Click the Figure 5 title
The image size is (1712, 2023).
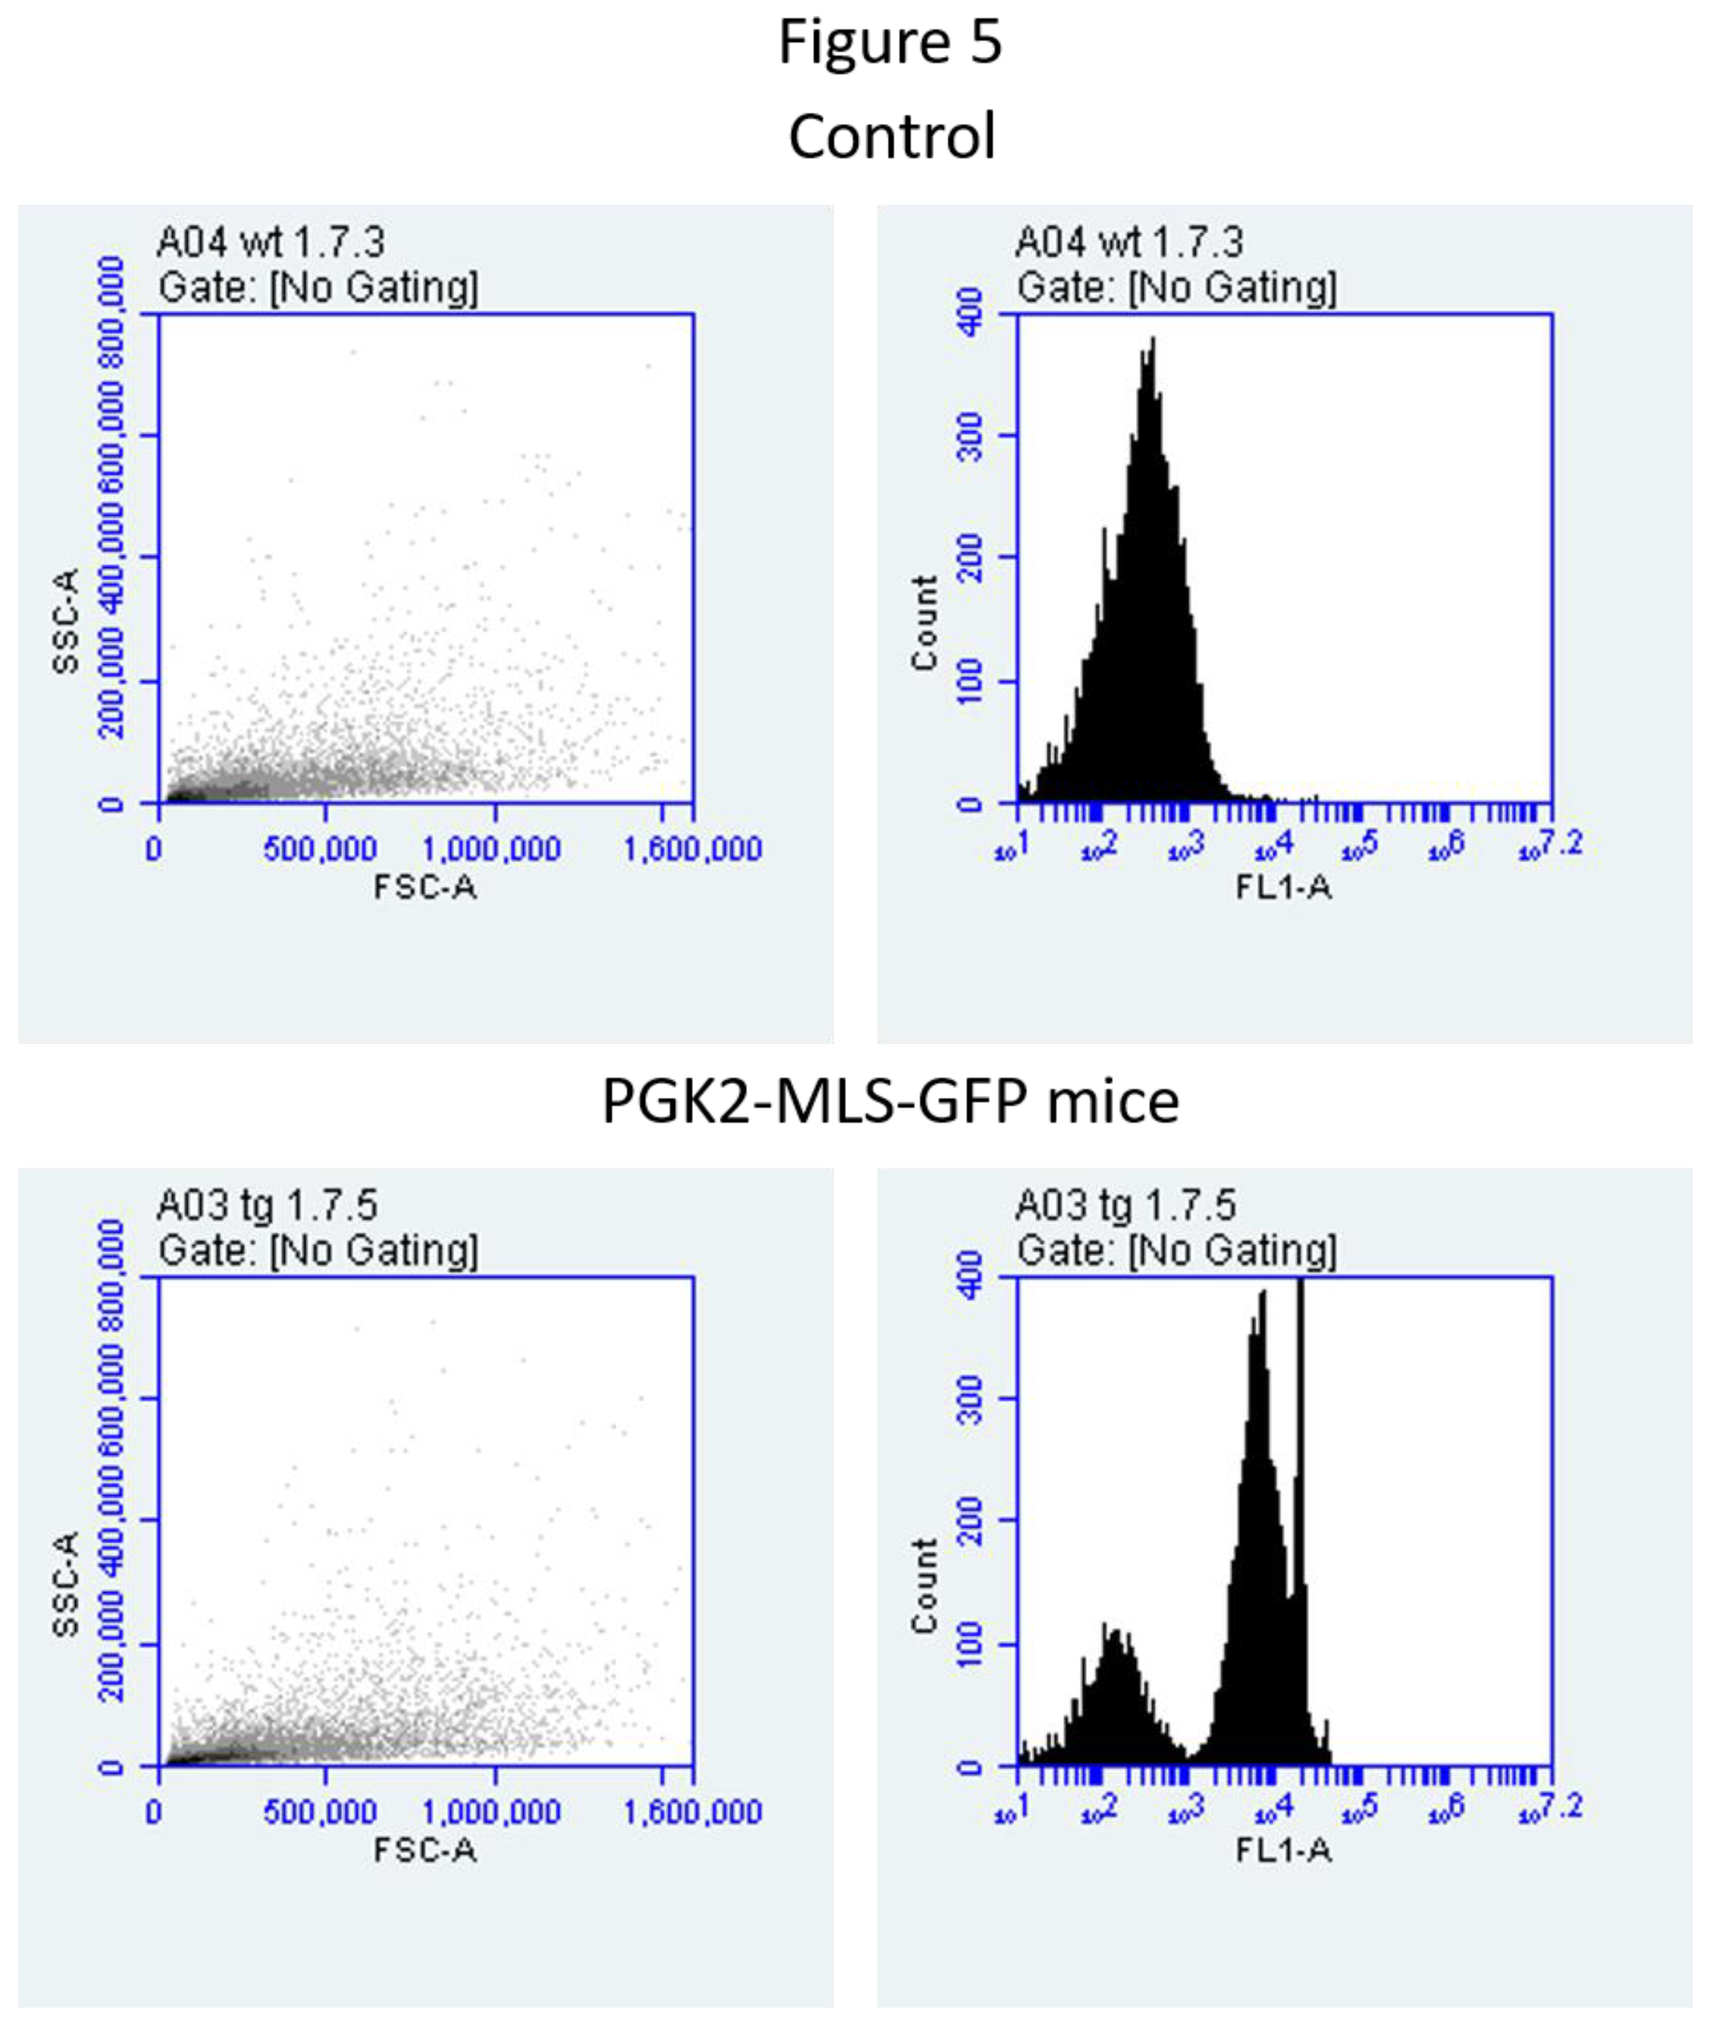890,44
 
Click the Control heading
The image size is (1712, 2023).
891,136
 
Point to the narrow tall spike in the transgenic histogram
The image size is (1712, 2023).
1300,1290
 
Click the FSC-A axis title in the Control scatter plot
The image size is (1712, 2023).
425,887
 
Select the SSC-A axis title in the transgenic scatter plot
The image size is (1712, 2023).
66,1583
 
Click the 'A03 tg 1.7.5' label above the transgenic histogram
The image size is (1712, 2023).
1126,1205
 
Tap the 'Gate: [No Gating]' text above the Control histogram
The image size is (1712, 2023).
1176,287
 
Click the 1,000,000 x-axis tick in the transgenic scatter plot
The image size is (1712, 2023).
491,1812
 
